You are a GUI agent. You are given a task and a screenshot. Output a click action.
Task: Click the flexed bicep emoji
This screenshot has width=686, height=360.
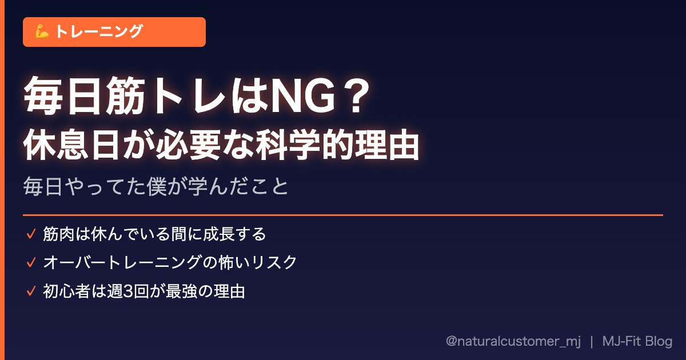pos(42,32)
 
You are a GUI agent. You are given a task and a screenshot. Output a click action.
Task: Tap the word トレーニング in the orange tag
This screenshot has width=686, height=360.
pos(99,31)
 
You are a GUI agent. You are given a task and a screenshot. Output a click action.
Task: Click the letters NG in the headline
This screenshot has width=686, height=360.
pos(303,96)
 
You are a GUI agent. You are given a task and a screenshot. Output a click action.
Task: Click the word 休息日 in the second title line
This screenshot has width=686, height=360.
pos(71,145)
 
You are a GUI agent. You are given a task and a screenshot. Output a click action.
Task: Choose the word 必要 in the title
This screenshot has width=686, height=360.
pos(188,145)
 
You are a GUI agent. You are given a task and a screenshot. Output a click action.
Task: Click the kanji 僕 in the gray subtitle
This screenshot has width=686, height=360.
pos(157,186)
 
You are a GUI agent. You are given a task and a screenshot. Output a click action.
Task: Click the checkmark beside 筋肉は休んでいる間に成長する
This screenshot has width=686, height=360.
pos(31,234)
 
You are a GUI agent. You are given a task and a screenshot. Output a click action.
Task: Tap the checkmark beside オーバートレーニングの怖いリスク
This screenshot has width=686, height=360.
pos(31,262)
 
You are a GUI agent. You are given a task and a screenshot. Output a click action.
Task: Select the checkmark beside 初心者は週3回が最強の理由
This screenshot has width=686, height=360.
pos(31,291)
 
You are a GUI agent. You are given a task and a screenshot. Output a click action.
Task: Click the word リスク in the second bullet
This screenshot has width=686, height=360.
pos(274,262)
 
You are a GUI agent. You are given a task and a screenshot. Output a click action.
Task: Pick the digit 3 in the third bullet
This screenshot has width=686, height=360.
pos(128,291)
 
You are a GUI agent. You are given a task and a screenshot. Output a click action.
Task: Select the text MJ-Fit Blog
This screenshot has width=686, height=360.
pos(637,341)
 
